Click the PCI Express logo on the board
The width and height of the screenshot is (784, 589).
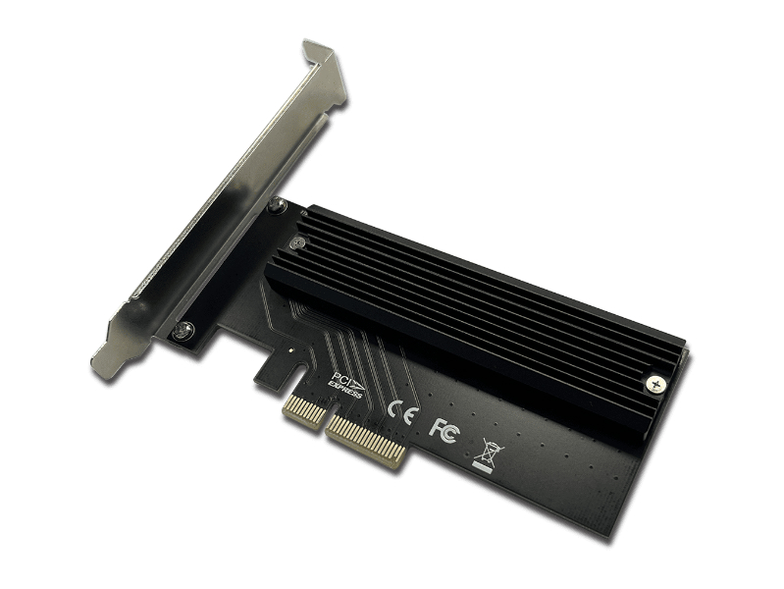click(x=346, y=385)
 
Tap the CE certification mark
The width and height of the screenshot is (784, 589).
click(x=402, y=411)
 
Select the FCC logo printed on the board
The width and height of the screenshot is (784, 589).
click(x=443, y=430)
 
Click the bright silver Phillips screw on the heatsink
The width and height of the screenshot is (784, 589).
click(x=655, y=385)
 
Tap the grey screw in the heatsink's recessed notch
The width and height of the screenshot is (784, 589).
click(x=297, y=243)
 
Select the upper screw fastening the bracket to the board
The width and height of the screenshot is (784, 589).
click(x=277, y=204)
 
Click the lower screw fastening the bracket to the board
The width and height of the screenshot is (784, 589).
click(x=183, y=330)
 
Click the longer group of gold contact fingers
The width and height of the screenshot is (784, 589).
click(x=365, y=442)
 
